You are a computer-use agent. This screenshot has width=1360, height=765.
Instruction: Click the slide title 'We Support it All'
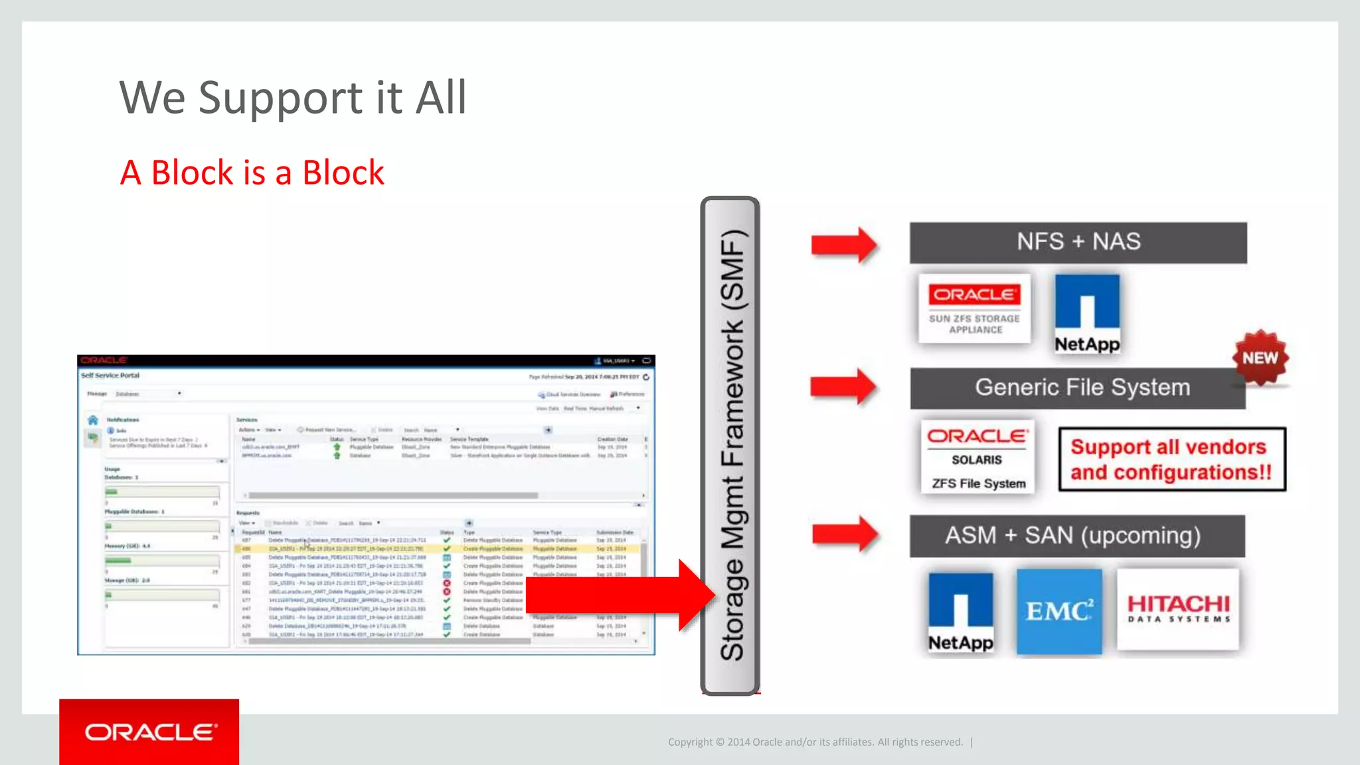[292, 98]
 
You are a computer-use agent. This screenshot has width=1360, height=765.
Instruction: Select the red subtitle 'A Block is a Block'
[252, 173]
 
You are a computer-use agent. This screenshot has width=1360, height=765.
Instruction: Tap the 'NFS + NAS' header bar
[1078, 242]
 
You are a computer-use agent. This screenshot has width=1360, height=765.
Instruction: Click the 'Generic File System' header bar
[1078, 388]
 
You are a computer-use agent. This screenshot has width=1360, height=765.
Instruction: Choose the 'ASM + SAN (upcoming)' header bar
[1076, 535]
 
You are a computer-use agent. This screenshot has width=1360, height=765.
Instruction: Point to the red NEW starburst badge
[1260, 358]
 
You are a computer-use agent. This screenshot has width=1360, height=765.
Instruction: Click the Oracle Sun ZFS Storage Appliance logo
[974, 309]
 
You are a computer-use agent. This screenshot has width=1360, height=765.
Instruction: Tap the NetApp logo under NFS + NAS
[1087, 313]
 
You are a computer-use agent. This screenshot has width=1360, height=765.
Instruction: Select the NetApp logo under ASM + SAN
[960, 612]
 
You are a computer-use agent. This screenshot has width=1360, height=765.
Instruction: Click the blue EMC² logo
[1059, 611]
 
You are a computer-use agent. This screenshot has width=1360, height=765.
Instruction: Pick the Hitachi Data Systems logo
[1178, 609]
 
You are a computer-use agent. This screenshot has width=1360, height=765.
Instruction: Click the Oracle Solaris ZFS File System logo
[977, 457]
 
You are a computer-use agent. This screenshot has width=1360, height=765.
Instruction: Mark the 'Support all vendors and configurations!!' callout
[1171, 459]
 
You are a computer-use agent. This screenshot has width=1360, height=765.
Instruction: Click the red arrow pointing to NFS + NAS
[844, 245]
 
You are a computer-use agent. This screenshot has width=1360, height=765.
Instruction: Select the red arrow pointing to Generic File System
[843, 386]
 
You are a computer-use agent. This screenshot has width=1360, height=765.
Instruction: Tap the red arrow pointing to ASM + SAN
[845, 533]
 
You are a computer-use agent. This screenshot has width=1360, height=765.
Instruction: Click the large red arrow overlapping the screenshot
[618, 594]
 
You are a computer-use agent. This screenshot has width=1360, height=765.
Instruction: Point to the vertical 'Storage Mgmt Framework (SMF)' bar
[730, 445]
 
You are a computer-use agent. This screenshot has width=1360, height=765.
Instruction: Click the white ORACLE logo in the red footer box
[150, 732]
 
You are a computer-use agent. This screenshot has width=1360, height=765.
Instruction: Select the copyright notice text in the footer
[815, 742]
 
